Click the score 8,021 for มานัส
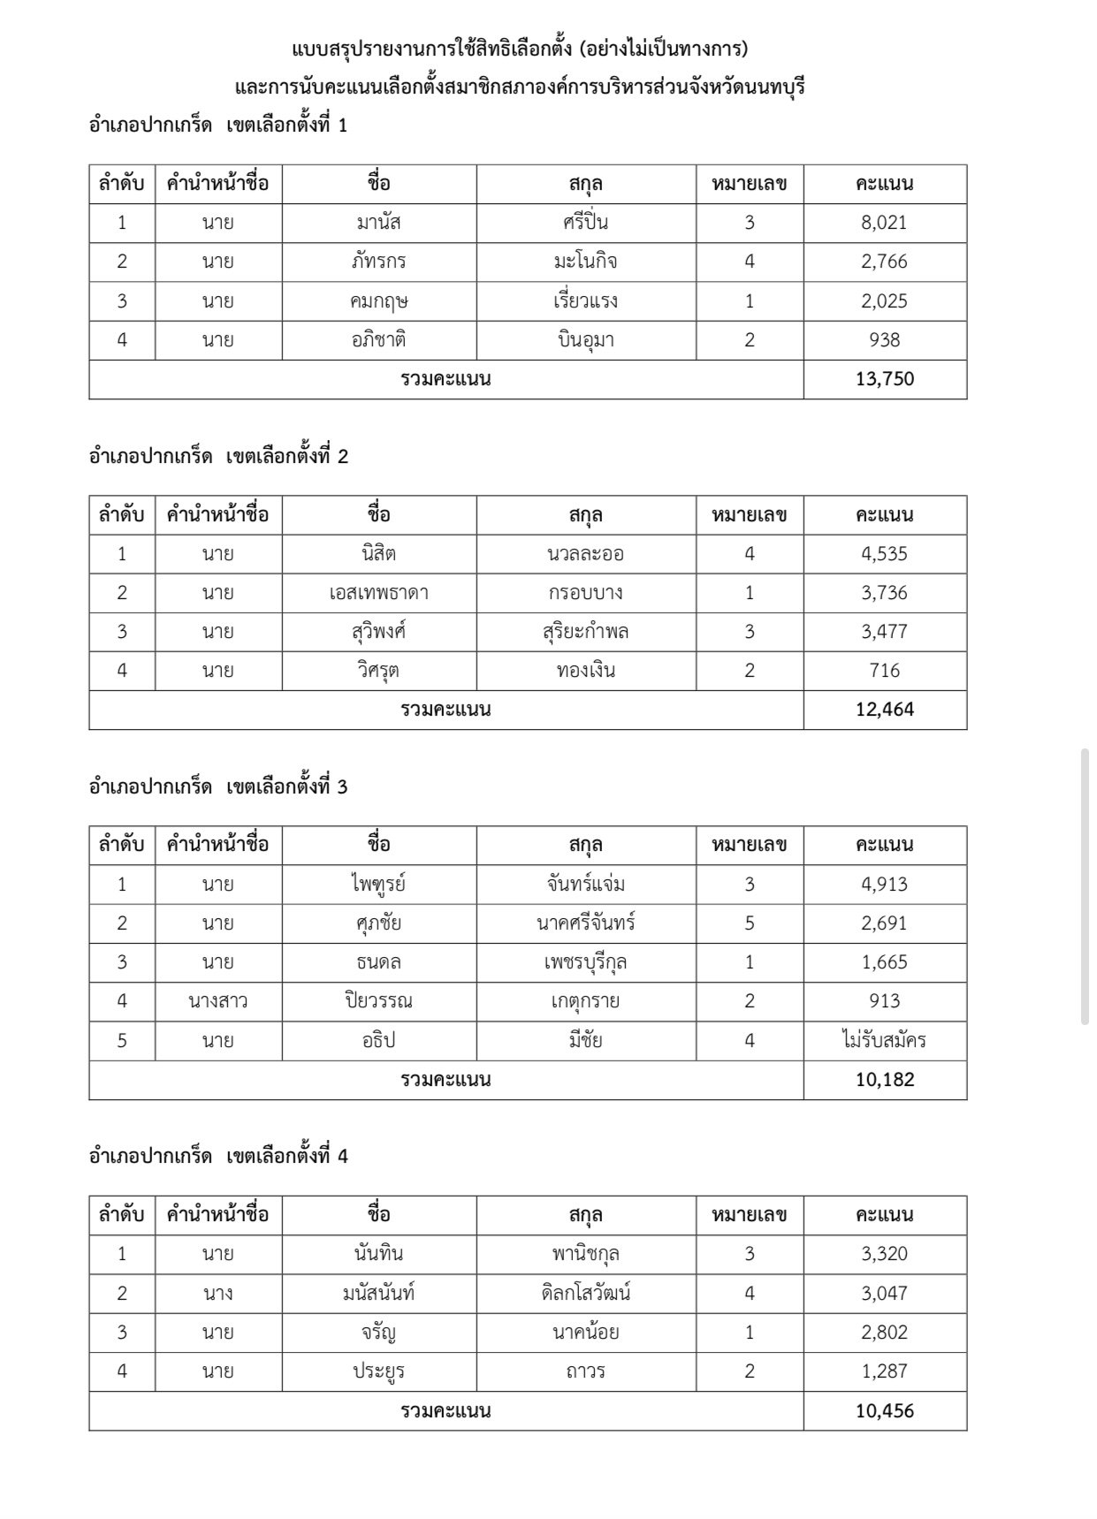[x=884, y=223]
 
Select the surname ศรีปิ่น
[x=585, y=223]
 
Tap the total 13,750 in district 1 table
[x=884, y=379]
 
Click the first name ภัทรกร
[x=378, y=262]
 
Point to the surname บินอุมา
[x=585, y=340]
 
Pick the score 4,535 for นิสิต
[x=884, y=554]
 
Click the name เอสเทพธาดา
[x=378, y=593]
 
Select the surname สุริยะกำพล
[x=585, y=632]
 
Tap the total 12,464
[x=884, y=710]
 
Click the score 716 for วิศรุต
[x=884, y=671]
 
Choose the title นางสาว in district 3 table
[x=217, y=1001]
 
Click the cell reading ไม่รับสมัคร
[x=884, y=1040]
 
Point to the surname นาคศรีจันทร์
[x=585, y=923]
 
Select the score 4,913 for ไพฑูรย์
[x=884, y=885]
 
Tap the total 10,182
[x=884, y=1080]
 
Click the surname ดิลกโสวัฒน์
[x=585, y=1294]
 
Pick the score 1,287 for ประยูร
[x=884, y=1371]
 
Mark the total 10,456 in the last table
[x=884, y=1411]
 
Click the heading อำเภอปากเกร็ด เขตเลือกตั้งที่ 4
[x=218, y=1156]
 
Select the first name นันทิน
[x=378, y=1254]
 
